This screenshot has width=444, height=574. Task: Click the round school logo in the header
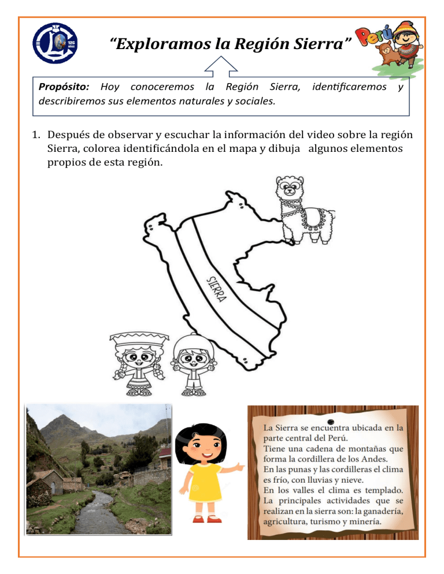55,43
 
